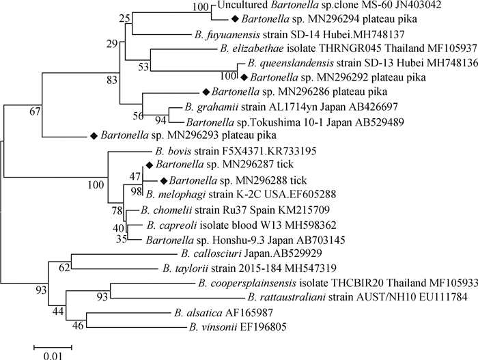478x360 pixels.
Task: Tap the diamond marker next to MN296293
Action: (x=94, y=137)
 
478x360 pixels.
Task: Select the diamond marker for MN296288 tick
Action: (x=163, y=180)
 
